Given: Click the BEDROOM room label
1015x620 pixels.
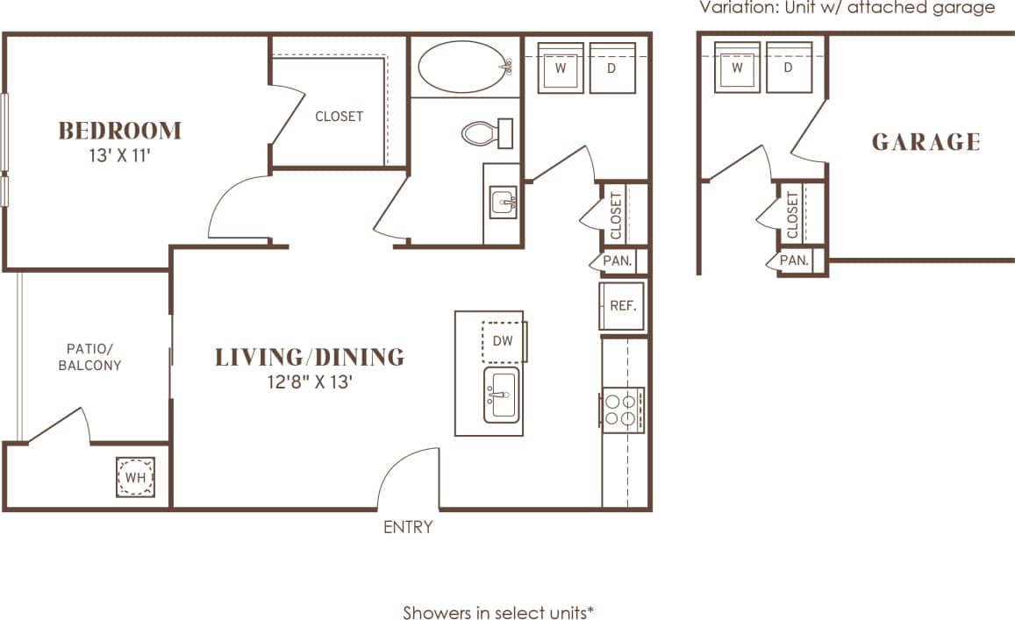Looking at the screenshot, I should (119, 131).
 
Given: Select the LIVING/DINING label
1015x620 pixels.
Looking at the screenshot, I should (310, 357).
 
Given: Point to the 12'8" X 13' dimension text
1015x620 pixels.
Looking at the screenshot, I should (310, 381).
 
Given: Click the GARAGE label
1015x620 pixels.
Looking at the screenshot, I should (926, 142).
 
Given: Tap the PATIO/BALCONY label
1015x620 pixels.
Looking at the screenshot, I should (89, 356).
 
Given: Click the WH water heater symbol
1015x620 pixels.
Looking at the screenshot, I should (135, 477).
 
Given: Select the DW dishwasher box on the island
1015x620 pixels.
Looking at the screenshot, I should (502, 341).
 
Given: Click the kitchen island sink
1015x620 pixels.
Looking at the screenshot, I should (501, 395).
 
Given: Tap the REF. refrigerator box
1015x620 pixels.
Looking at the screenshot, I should (622, 306).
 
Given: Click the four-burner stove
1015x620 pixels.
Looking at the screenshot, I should (623, 410).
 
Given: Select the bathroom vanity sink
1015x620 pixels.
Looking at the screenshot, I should (504, 203).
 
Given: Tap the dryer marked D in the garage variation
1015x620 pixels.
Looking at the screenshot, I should (788, 68).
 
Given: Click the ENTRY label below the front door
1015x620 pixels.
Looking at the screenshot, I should (408, 527).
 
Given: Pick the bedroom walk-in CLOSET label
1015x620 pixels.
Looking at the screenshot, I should (339, 116).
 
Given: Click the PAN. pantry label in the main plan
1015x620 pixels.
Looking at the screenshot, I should (618, 260).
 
